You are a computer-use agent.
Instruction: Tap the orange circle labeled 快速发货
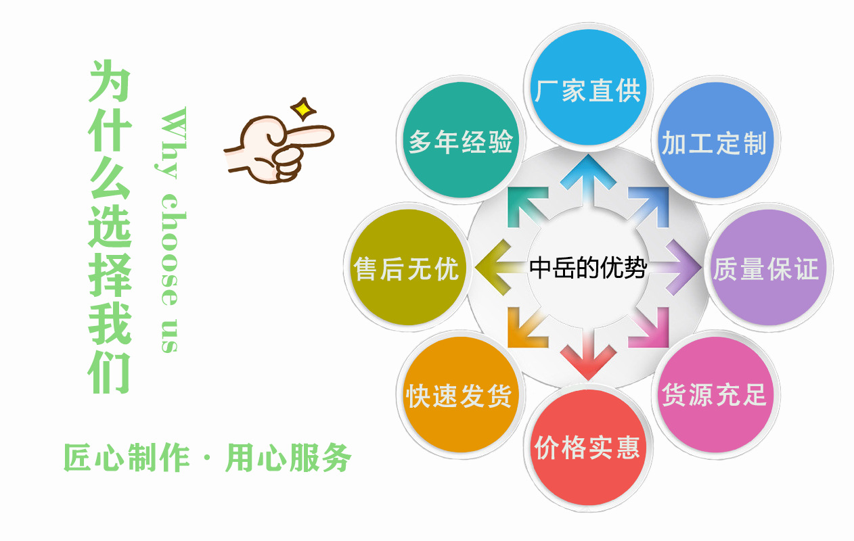tap(459, 396)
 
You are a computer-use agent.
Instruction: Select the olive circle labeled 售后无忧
tap(406, 268)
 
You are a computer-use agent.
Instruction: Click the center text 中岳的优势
tap(587, 268)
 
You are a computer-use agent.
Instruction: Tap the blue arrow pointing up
tap(587, 174)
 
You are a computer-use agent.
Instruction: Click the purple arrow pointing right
tap(680, 268)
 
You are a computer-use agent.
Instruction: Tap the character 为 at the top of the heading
tap(109, 81)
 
